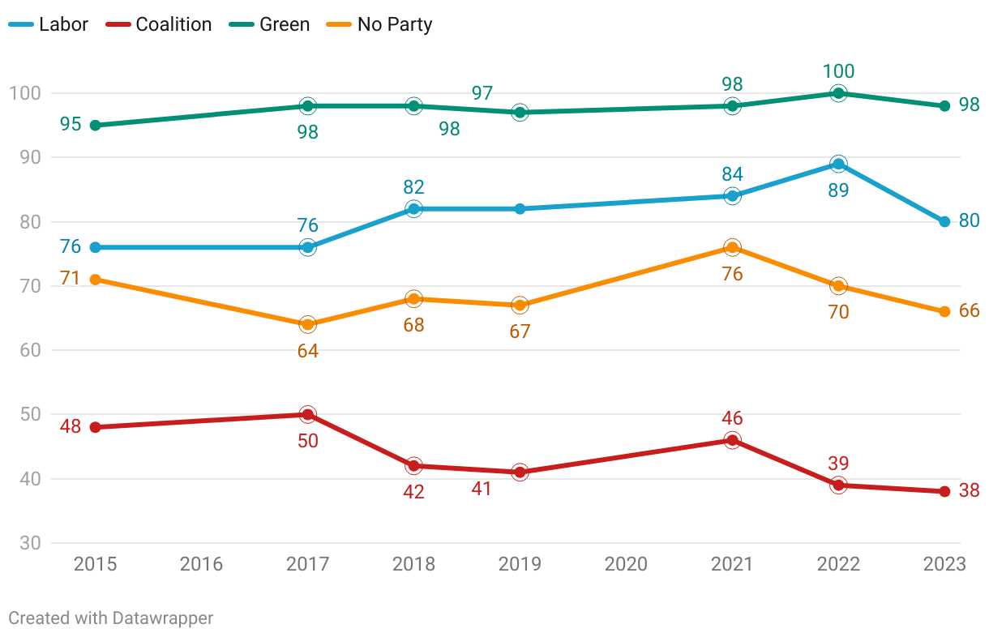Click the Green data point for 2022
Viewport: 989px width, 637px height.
pyautogui.click(x=838, y=93)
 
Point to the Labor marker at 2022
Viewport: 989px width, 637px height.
pyautogui.click(x=838, y=164)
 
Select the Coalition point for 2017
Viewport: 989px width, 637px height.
pyautogui.click(x=307, y=414)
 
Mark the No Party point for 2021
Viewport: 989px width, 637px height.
pyautogui.click(x=732, y=247)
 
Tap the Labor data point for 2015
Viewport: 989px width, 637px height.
pyautogui.click(x=95, y=247)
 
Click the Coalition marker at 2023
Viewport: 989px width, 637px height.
pyautogui.click(x=944, y=491)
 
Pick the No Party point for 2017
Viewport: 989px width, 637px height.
pyautogui.click(x=307, y=324)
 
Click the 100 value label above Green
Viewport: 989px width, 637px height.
pyautogui.click(x=838, y=71)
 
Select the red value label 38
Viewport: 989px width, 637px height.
pyautogui.click(x=970, y=490)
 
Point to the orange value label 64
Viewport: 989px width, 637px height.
pyautogui.click(x=307, y=351)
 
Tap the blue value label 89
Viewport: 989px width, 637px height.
pyautogui.click(x=838, y=190)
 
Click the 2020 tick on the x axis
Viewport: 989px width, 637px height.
pyautogui.click(x=626, y=564)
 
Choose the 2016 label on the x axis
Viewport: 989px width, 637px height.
pyautogui.click(x=201, y=564)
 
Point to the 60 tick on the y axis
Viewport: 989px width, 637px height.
pyautogui.click(x=30, y=350)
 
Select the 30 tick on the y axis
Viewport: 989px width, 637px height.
pyautogui.click(x=30, y=543)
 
